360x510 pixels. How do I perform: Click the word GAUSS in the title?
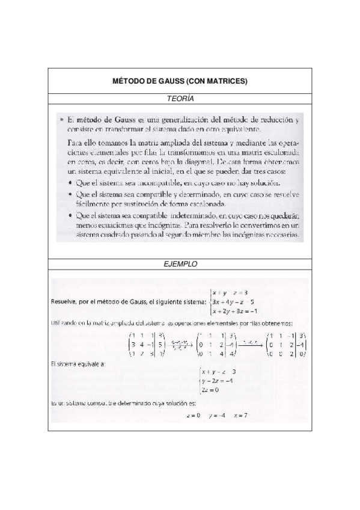pyautogui.click(x=169, y=81)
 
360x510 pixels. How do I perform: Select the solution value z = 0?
pyautogui.click(x=194, y=416)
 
